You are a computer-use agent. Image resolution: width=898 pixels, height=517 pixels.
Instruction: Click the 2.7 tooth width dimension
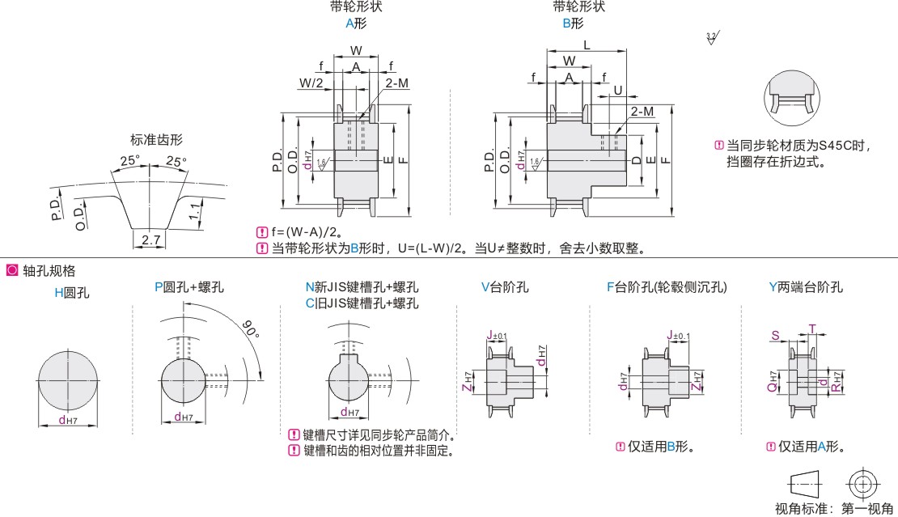(x=150, y=239)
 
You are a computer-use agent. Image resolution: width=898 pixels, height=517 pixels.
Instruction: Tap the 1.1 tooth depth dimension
(x=195, y=214)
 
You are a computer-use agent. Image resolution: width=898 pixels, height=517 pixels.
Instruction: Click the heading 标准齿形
(x=157, y=139)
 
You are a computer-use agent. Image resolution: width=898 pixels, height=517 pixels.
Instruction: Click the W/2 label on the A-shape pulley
(x=311, y=83)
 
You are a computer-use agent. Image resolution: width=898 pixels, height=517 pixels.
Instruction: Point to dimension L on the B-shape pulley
(x=586, y=45)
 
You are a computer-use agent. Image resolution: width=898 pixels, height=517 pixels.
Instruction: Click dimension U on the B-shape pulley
(x=617, y=89)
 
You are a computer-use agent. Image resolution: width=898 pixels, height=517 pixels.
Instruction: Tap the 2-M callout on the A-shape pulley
(x=396, y=83)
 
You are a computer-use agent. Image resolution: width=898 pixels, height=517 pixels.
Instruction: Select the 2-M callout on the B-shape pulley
(x=642, y=111)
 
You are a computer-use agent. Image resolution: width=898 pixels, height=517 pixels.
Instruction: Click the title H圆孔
(x=72, y=293)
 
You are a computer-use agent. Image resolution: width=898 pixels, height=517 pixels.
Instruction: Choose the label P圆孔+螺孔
(x=189, y=286)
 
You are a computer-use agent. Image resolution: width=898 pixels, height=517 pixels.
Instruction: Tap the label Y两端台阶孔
(x=806, y=286)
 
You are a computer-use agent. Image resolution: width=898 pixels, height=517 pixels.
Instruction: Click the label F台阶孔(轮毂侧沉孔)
(x=667, y=286)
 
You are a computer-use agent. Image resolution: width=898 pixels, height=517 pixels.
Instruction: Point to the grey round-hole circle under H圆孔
(x=68, y=380)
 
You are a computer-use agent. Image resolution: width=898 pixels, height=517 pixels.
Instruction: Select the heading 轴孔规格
(x=49, y=270)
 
